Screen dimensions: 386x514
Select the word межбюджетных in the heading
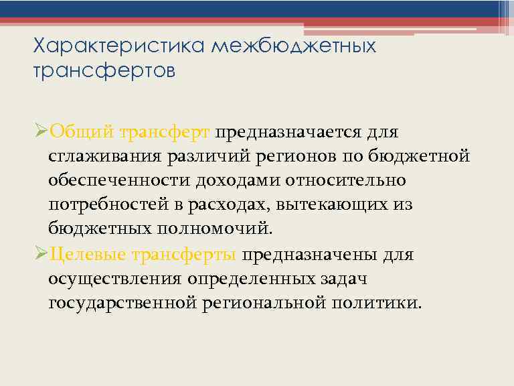pyautogui.click(x=294, y=47)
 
